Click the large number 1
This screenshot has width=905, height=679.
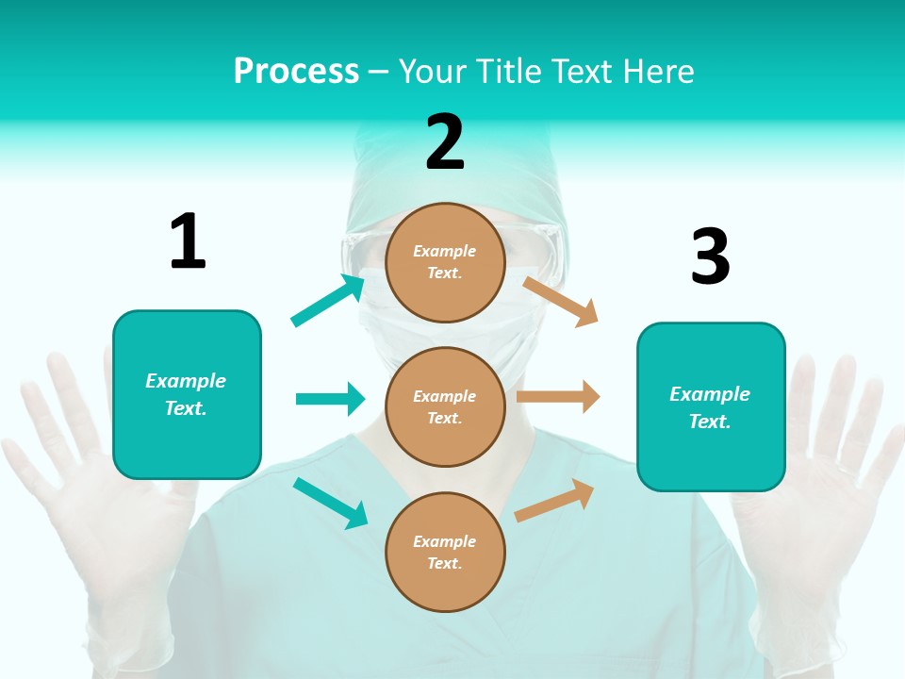[188, 241]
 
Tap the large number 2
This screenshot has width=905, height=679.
[445, 141]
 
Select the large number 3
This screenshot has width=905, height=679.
[710, 257]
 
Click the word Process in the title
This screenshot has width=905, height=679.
[296, 72]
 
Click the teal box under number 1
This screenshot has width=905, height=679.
[187, 394]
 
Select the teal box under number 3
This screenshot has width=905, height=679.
[711, 406]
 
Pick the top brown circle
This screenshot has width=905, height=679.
[445, 261]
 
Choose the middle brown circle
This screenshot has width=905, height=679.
[445, 406]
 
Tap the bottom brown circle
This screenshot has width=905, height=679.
[445, 552]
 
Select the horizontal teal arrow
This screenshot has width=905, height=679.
[330, 399]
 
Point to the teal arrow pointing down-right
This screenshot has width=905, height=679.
[330, 503]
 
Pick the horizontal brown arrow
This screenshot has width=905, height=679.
[558, 397]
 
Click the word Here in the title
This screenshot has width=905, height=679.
[659, 72]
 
